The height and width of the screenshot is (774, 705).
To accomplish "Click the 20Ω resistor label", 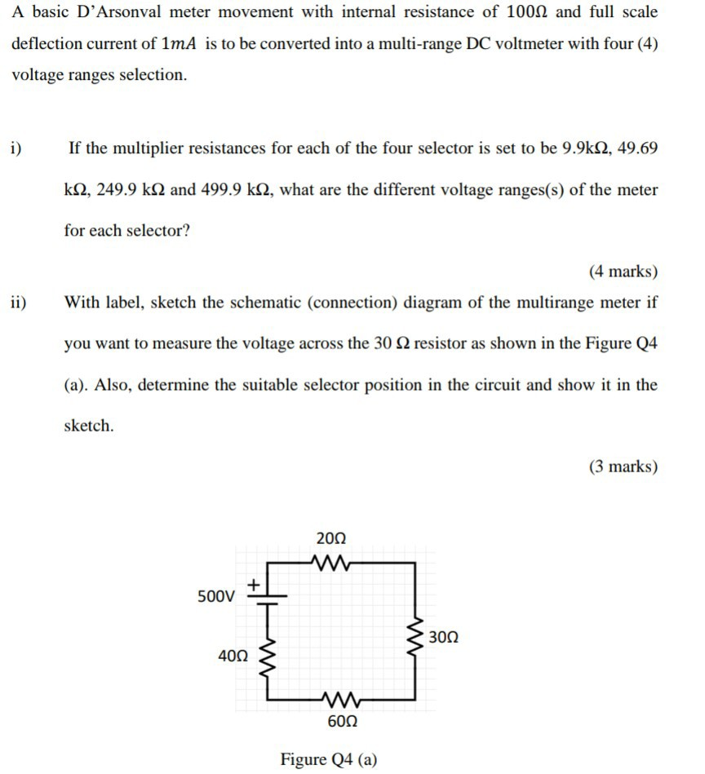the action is pyautogui.click(x=330, y=538).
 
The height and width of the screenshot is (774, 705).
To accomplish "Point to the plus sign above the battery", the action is pyautogui.click(x=254, y=583).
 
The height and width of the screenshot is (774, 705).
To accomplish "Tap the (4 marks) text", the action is pyautogui.click(x=623, y=272).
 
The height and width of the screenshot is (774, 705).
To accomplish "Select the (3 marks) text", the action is pyautogui.click(x=623, y=467).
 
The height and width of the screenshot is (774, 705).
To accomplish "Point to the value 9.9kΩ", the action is pyautogui.click(x=587, y=148).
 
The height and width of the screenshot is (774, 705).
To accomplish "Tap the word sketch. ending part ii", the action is pyautogui.click(x=89, y=425).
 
